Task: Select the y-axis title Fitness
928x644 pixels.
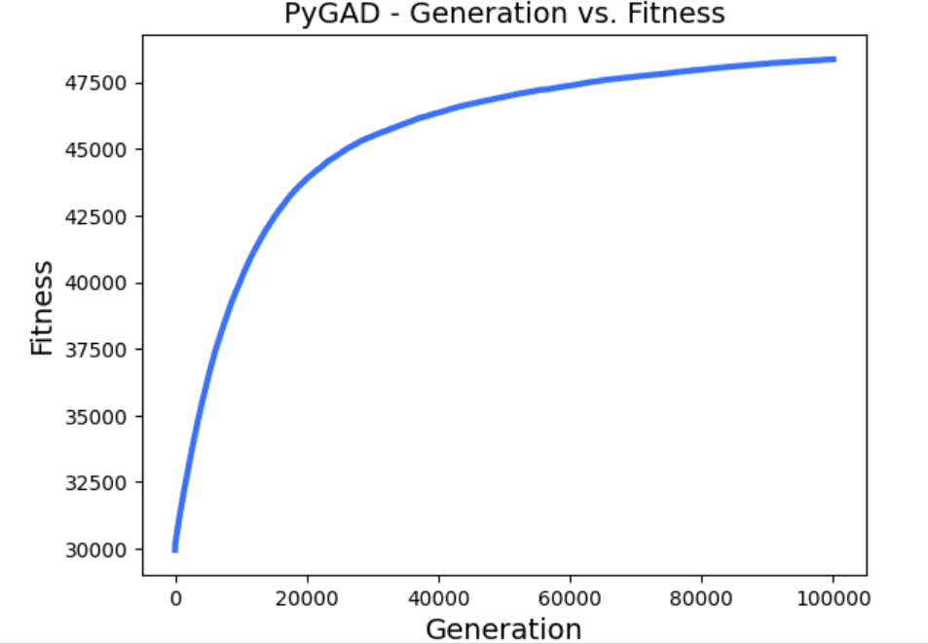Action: point(41,307)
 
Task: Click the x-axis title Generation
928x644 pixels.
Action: point(503,628)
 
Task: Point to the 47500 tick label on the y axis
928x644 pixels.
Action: point(95,83)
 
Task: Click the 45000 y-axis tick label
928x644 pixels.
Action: point(95,150)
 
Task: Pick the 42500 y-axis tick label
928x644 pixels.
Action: point(95,216)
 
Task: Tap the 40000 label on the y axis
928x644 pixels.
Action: point(95,284)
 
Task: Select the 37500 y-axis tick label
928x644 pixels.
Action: point(95,350)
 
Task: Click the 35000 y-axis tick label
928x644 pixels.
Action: point(95,417)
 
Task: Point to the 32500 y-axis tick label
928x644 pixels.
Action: point(95,483)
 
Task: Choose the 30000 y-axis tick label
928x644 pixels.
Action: point(95,549)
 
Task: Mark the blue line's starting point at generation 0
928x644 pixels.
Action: point(175,549)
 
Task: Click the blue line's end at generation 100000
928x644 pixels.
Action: point(834,59)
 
